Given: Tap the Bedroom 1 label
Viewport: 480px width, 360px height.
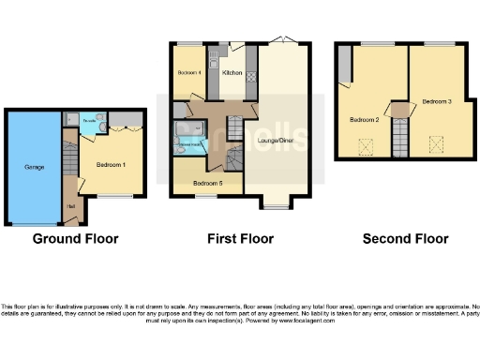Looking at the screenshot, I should (112, 165).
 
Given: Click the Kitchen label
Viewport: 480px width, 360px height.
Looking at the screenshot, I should (232, 72).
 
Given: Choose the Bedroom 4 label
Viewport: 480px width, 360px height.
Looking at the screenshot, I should (189, 72).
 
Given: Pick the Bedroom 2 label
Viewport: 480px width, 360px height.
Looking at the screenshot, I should (364, 120).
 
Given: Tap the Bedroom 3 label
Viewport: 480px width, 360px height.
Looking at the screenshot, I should (435, 100).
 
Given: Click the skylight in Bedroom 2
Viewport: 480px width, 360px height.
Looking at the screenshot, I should (365, 144).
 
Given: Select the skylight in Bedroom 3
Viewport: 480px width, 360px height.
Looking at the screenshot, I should (434, 143).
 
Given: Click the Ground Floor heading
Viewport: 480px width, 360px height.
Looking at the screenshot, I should (75, 239).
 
